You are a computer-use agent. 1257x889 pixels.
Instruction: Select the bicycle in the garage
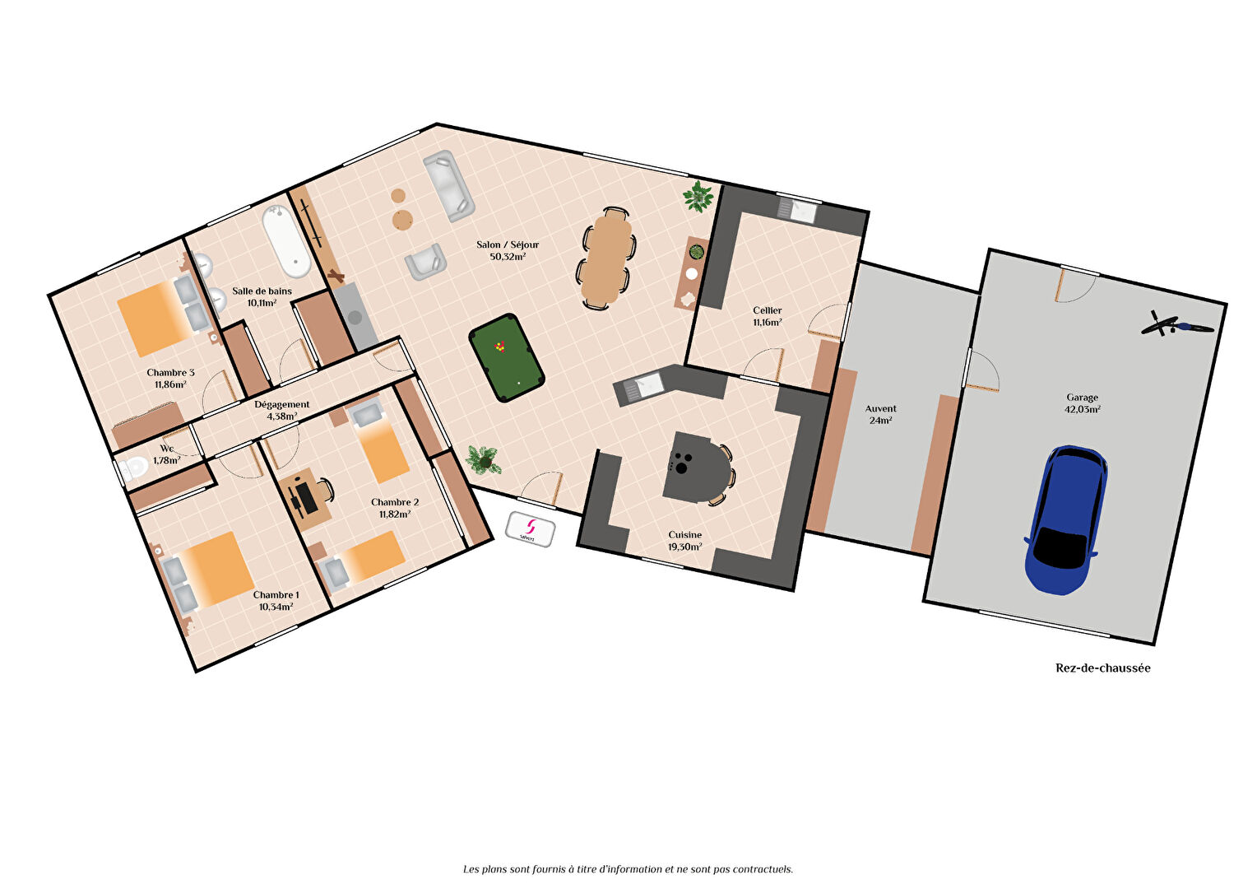click(1176, 324)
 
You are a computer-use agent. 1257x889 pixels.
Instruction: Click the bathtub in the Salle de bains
click(286, 240)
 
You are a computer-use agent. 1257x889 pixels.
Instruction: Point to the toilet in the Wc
click(134, 468)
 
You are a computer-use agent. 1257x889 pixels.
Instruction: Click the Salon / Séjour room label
click(508, 244)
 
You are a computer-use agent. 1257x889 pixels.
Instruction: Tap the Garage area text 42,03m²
click(1083, 409)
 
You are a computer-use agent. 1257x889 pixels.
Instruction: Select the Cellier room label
click(767, 310)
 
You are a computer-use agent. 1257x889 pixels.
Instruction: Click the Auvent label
click(880, 408)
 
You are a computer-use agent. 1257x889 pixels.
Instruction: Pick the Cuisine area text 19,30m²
click(684, 547)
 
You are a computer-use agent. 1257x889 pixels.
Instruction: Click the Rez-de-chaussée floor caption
click(1102, 668)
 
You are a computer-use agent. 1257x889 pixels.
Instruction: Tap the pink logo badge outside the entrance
click(530, 528)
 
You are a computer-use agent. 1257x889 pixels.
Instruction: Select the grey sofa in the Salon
click(448, 185)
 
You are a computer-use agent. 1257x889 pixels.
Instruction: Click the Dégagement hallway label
click(281, 404)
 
